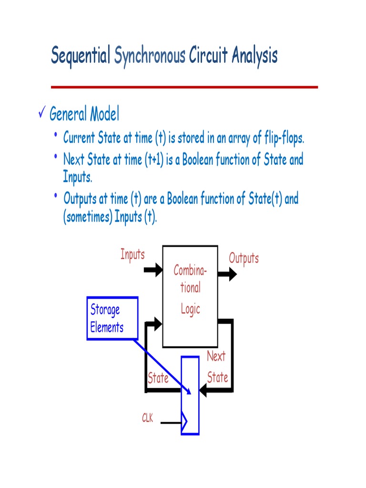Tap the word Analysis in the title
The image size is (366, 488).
[254, 56]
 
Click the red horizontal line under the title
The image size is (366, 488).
[184, 87]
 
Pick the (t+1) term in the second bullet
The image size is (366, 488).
[153, 160]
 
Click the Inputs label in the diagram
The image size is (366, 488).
[132, 254]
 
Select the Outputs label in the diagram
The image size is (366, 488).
[244, 259]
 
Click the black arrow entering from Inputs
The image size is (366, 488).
[153, 270]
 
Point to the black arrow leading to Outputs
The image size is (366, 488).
[227, 274]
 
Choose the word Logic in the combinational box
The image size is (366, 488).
[190, 309]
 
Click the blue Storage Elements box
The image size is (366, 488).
[112, 318]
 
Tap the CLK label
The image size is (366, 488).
[147, 419]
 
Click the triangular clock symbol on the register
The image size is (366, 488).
[184, 422]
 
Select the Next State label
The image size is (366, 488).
[217, 367]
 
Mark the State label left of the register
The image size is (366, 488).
[158, 378]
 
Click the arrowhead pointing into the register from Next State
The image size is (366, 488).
[204, 391]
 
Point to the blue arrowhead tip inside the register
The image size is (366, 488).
[189, 392]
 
